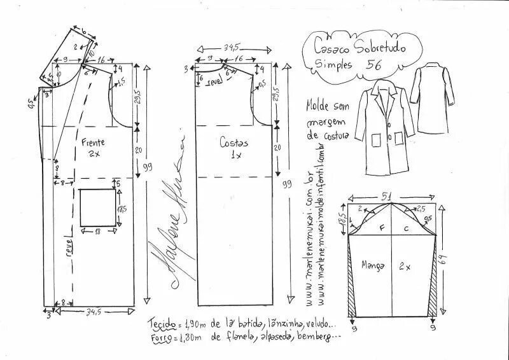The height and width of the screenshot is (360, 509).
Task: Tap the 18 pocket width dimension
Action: [x=97, y=232]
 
